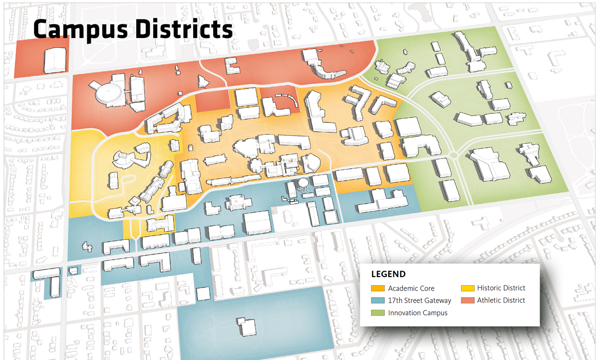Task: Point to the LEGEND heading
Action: point(388,274)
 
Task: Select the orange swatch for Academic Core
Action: point(378,289)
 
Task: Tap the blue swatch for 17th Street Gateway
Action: point(378,301)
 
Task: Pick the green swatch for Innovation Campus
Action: point(378,313)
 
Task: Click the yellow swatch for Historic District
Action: point(467,289)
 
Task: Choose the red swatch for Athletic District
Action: point(467,301)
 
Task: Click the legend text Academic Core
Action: point(411,289)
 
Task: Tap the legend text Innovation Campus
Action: point(418,313)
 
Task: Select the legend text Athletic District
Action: point(501,301)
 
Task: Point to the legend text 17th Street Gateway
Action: point(419,301)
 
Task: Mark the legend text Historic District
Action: point(501,288)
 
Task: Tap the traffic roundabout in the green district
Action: point(453,155)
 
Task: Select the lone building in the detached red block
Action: point(55,60)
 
